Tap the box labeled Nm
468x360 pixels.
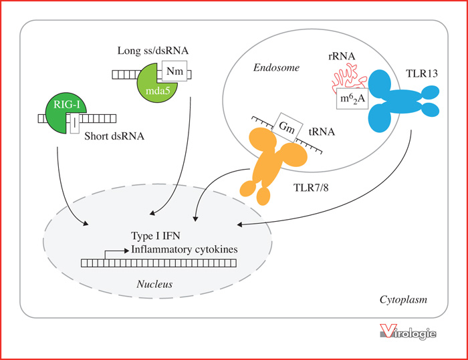click(x=174, y=71)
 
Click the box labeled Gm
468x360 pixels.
click(x=287, y=128)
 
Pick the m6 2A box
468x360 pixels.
click(x=352, y=98)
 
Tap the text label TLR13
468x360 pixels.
click(x=422, y=73)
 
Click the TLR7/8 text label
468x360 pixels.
click(x=311, y=187)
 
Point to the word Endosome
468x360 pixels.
click(x=276, y=67)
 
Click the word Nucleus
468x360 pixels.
click(x=154, y=284)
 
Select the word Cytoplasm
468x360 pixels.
click(x=403, y=299)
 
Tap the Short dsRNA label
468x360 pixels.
click(x=114, y=136)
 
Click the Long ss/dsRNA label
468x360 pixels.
click(x=153, y=51)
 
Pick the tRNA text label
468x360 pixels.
click(x=322, y=132)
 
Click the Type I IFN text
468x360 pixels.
click(x=156, y=236)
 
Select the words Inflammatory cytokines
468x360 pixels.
click(x=185, y=249)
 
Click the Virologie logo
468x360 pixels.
click(x=408, y=332)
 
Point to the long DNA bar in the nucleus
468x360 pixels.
click(x=159, y=262)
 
